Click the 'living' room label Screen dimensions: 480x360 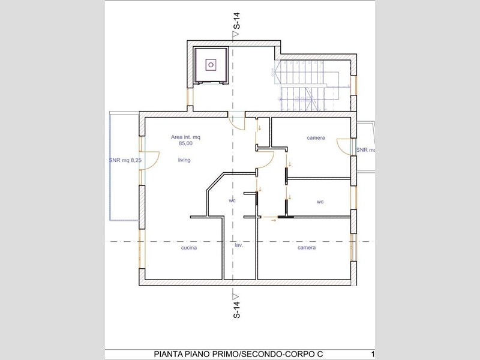tap(184, 160)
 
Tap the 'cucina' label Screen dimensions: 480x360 tap(189, 248)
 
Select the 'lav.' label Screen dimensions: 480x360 tap(239, 245)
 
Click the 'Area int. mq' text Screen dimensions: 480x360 tap(185, 137)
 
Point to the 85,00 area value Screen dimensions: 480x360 tap(186, 143)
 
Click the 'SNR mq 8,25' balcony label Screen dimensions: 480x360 tap(125, 160)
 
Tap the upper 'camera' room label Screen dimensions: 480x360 tap(316, 138)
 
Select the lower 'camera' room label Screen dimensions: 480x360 tap(307, 248)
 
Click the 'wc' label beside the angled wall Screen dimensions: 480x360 tap(232, 201)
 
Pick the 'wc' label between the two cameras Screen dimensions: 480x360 tap(320, 202)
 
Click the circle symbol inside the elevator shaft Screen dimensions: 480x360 tap(211, 65)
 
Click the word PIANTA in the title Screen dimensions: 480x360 tap(168, 354)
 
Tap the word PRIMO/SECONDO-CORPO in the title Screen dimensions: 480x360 tap(269, 354)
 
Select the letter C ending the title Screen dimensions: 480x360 tap(320, 354)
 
